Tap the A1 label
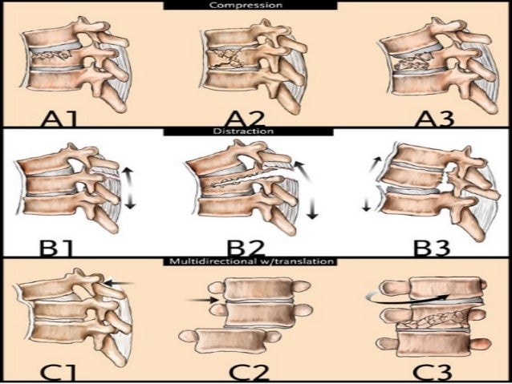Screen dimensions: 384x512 click(x=59, y=119)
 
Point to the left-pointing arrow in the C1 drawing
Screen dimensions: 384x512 click(x=120, y=282)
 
